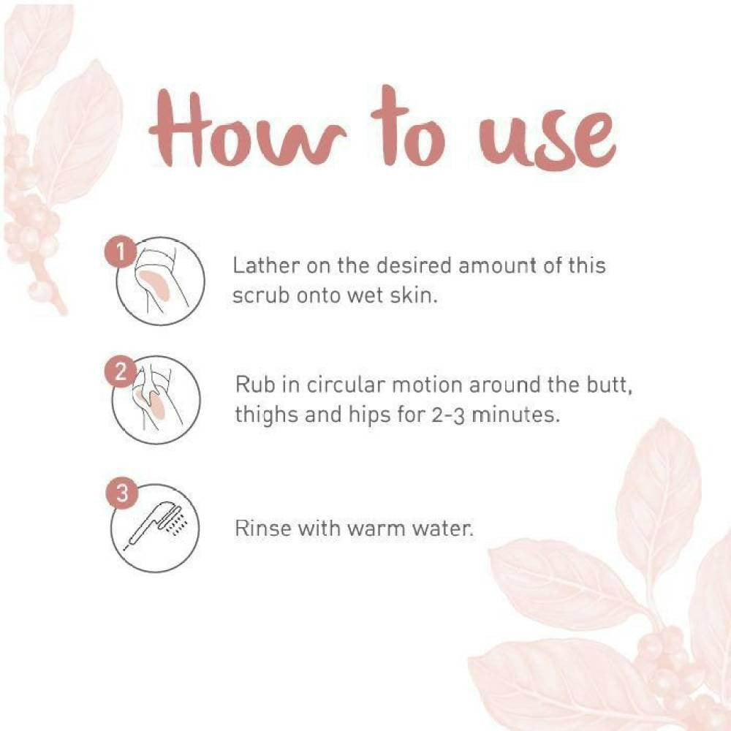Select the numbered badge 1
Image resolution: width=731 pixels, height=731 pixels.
pos(121,252)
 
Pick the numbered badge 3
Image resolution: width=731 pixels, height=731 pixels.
pos(121,493)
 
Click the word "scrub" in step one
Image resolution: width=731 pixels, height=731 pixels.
pos(261,295)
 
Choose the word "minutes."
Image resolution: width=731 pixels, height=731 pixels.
pos(515,414)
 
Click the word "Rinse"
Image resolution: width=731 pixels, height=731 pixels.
pos(263,529)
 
